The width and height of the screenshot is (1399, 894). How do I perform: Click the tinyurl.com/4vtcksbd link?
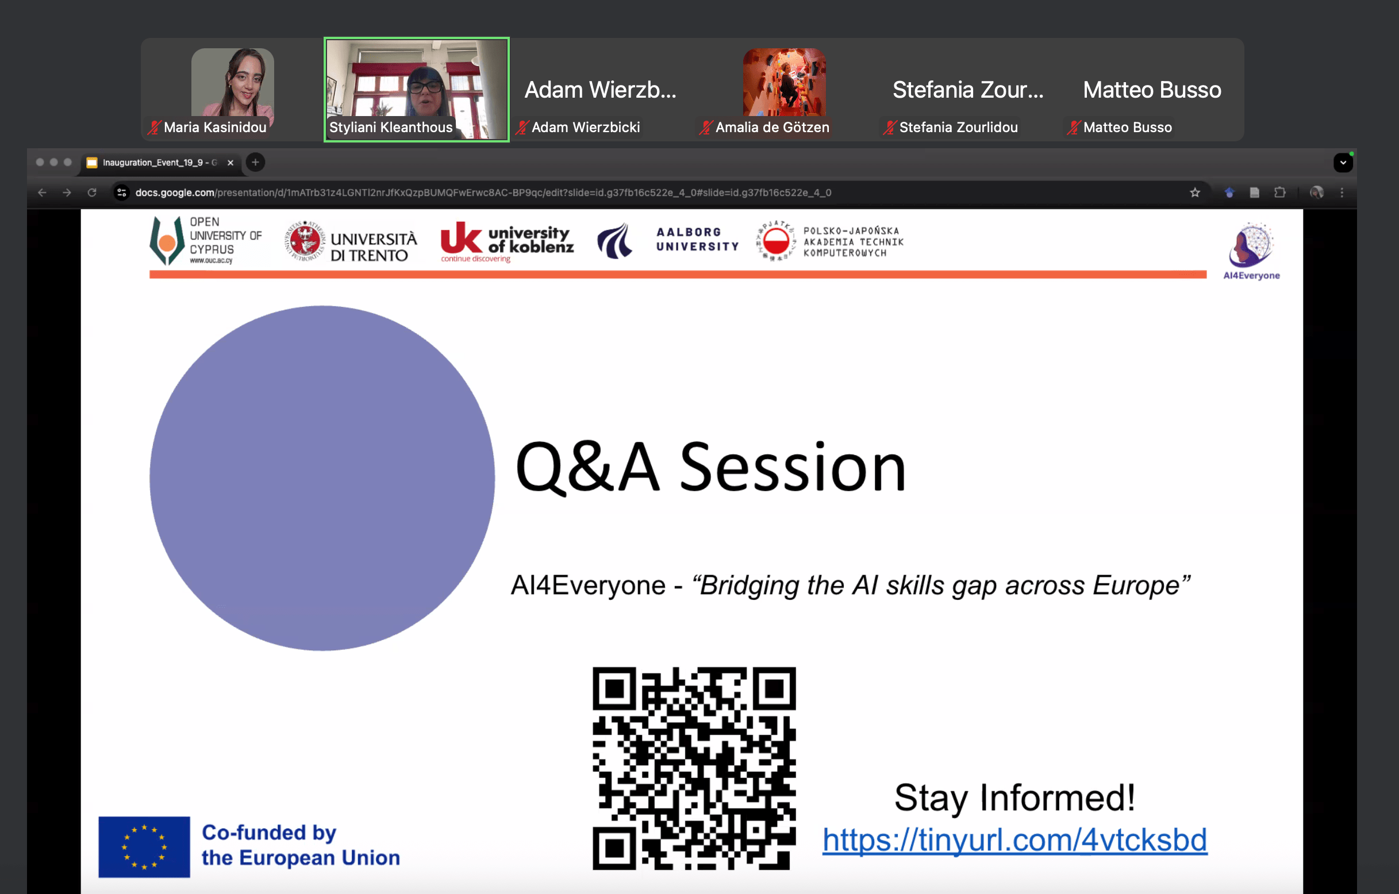[x=1014, y=841]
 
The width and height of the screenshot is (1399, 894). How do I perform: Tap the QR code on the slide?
[x=694, y=768]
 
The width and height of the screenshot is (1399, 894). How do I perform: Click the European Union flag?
[x=144, y=846]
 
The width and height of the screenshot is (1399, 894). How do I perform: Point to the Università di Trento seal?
[x=305, y=241]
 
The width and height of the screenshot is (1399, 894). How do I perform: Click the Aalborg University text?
[x=697, y=240]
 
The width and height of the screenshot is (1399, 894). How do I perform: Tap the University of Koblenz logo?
[x=506, y=242]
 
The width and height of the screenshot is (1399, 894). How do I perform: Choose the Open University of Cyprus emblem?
[x=167, y=241]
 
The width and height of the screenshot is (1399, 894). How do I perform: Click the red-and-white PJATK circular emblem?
[x=775, y=241]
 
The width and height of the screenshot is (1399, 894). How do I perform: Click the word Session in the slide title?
[x=793, y=467]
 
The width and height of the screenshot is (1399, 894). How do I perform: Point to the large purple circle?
[x=322, y=478]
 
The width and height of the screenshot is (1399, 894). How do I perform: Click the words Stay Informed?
[x=1014, y=797]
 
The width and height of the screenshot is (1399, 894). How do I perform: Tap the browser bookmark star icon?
[x=1194, y=192]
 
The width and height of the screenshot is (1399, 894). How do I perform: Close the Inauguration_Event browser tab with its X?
[x=230, y=163]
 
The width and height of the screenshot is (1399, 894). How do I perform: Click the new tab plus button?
[x=255, y=162]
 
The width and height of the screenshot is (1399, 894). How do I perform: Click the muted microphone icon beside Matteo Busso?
[x=1074, y=127]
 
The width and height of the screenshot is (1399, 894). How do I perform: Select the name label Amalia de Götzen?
[x=772, y=127]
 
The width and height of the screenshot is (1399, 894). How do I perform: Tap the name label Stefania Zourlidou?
[x=959, y=127]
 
